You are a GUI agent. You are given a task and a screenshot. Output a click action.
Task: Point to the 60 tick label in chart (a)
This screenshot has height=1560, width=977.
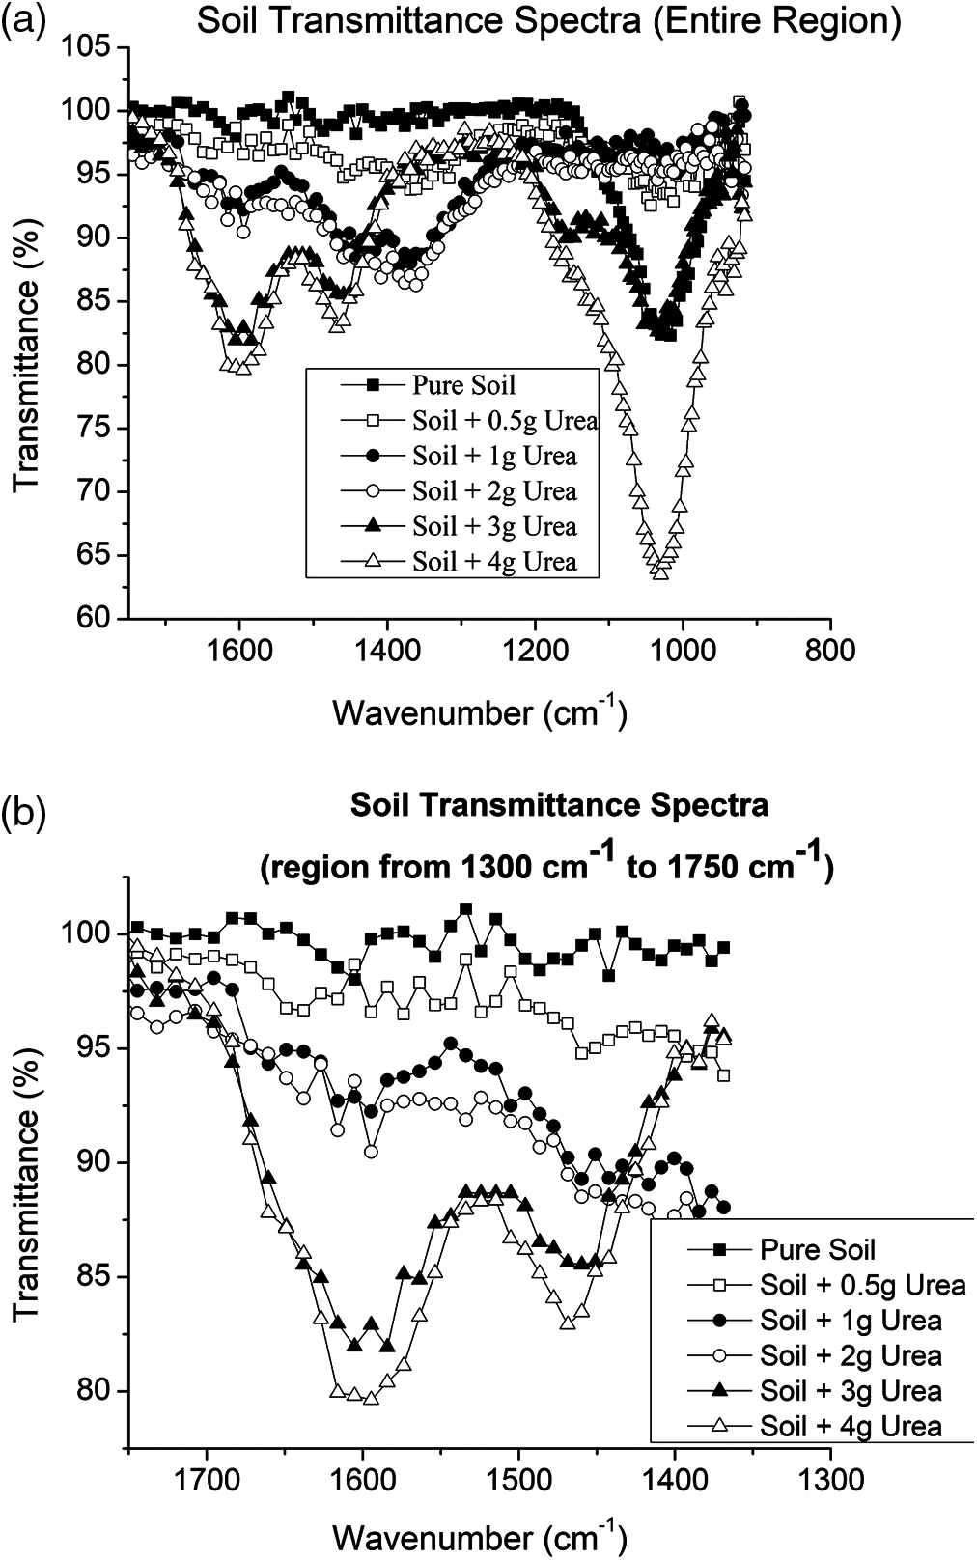pos(100,619)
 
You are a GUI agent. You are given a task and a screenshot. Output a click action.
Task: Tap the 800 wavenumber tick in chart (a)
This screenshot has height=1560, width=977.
pos(829,651)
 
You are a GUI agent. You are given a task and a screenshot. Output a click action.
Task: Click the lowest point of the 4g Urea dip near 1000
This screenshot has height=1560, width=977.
pos(660,572)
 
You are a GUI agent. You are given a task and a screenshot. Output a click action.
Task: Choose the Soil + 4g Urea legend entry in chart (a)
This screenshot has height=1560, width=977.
pos(493,562)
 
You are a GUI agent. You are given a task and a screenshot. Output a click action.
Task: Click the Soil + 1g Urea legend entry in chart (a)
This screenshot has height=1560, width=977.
pos(493,456)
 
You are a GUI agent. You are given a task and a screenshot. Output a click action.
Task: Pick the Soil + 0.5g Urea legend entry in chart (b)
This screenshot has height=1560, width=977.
pos(861,1285)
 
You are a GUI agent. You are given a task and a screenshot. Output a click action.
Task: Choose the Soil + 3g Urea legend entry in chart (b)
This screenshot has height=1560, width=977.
pos(850,1391)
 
